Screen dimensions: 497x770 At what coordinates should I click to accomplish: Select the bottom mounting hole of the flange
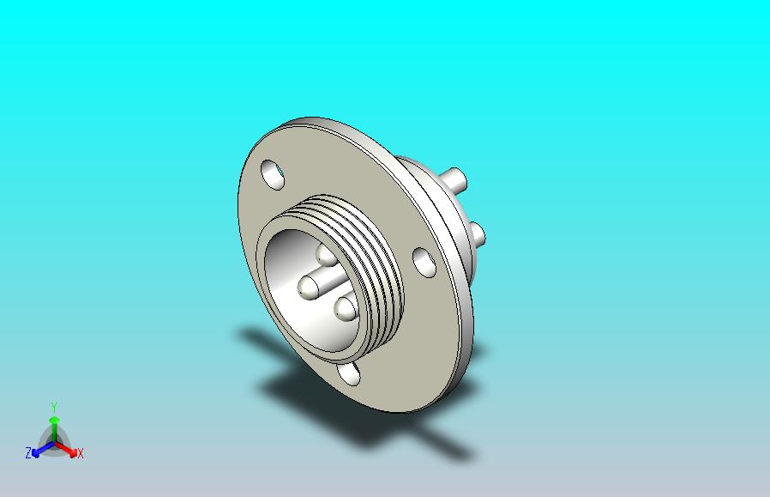[349, 373]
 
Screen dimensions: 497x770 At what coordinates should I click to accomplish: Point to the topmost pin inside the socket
[326, 254]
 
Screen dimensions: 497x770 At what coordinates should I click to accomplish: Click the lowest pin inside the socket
[345, 308]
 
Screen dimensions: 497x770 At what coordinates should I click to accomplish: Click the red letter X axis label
[81, 453]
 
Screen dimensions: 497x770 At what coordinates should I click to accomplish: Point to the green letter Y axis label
[53, 407]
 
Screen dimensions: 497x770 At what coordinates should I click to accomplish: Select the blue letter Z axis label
[28, 452]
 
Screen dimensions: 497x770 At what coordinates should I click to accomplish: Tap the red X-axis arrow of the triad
[69, 448]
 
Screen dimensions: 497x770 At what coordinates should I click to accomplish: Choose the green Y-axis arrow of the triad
[53, 423]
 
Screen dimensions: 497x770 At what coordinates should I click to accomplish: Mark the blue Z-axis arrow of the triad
[39, 448]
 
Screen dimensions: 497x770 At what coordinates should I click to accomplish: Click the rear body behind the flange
[429, 185]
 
